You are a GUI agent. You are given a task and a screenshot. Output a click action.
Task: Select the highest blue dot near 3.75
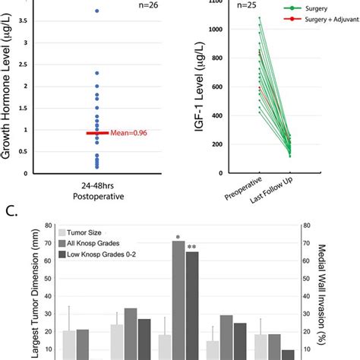click(x=96, y=11)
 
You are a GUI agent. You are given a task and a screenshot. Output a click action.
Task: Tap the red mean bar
click(x=96, y=132)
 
